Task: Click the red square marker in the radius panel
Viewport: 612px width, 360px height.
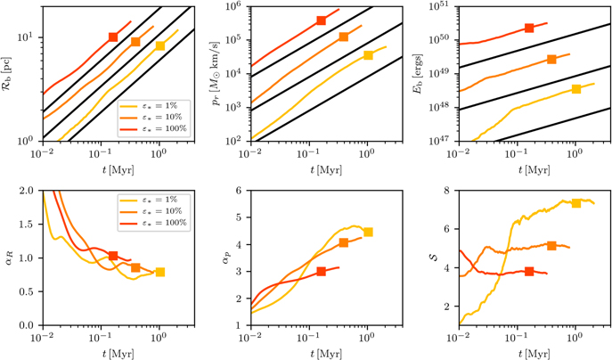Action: (113, 37)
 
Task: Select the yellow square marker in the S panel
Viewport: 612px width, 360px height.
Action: (576, 203)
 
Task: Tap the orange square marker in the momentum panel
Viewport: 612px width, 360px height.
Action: (344, 37)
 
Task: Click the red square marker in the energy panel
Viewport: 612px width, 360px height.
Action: (529, 28)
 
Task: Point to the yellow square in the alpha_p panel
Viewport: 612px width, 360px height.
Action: (368, 233)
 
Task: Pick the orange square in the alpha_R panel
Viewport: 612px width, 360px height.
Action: (135, 267)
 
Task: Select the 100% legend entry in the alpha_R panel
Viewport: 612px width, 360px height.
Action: (153, 223)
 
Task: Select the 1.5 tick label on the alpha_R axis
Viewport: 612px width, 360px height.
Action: (31, 225)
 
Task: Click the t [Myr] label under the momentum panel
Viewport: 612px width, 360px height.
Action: (326, 170)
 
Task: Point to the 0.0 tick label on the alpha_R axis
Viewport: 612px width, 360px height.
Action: (31, 325)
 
